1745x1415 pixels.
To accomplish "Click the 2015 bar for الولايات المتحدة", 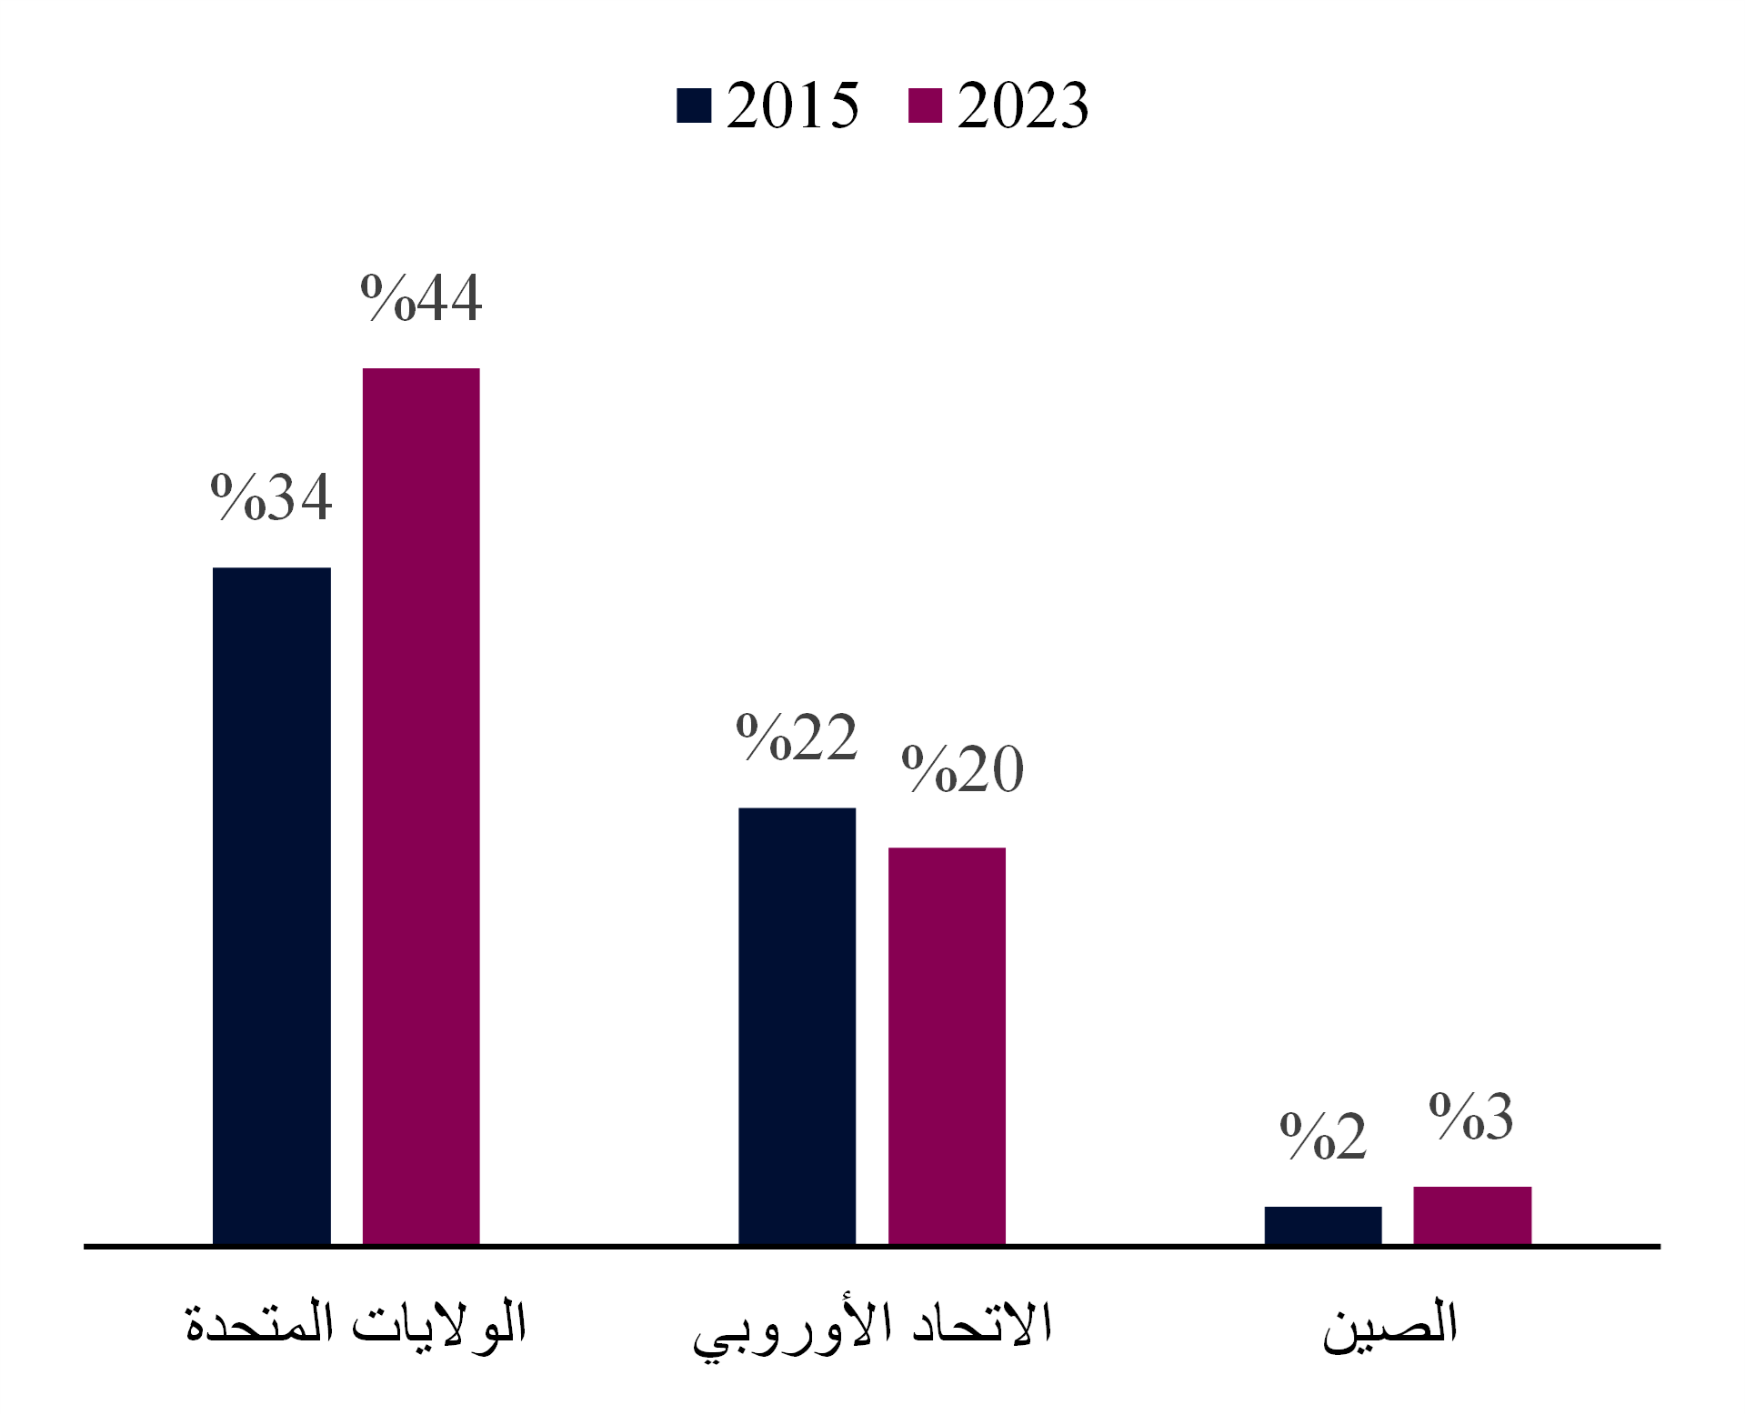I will point(271,905).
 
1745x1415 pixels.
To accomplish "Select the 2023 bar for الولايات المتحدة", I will point(421,806).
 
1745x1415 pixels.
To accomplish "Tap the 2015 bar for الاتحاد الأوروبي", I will point(797,1025).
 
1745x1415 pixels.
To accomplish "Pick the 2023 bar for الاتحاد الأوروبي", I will point(947,1045).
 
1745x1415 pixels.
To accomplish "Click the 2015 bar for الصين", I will point(1322,1225).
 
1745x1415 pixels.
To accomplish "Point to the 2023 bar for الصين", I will point(1472,1215).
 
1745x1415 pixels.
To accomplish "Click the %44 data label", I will point(421,297).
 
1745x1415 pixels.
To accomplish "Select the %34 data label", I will point(271,497).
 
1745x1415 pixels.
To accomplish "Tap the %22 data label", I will point(797,737).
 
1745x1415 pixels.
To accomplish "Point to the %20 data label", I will point(962,769).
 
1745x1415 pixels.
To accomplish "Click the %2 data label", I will point(1322,1136).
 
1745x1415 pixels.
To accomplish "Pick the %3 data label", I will point(1471,1116).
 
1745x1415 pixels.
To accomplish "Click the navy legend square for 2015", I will point(694,105).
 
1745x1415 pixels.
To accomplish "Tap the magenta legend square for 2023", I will point(925,105).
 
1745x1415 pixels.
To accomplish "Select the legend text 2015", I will point(792,105).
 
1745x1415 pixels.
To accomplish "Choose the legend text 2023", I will point(1022,105).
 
